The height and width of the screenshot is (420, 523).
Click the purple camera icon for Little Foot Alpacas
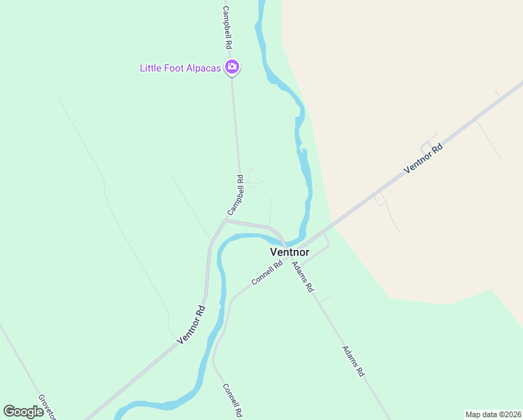(x=232, y=68)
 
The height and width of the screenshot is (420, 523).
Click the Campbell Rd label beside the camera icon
(x=227, y=27)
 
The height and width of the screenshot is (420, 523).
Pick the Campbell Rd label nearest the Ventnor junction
(x=235, y=195)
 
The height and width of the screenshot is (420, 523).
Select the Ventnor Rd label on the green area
(x=191, y=325)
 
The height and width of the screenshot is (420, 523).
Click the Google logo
(x=24, y=412)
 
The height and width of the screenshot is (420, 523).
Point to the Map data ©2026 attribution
(x=493, y=414)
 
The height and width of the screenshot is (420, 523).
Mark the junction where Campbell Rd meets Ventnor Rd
(x=224, y=220)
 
